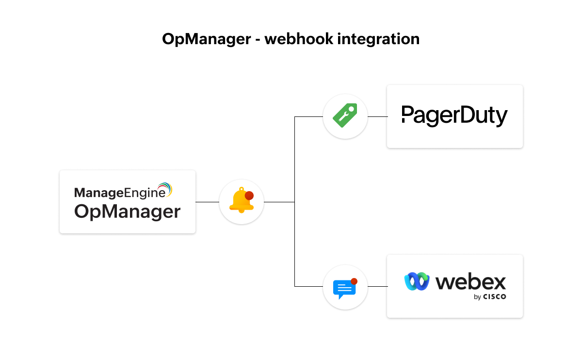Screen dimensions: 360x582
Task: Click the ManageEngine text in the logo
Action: [116, 193]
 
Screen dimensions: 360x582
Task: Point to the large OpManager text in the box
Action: [127, 212]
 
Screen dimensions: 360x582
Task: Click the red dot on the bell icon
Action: [249, 196]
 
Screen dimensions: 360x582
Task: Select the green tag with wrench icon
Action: [345, 116]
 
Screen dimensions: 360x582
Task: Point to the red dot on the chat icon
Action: [354, 281]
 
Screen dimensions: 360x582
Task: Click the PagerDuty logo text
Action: [454, 116]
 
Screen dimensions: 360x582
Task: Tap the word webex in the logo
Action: [470, 282]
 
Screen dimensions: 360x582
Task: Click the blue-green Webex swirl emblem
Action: [417, 281]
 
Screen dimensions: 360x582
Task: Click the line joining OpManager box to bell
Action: [207, 202]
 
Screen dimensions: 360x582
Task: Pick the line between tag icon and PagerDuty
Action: [377, 117]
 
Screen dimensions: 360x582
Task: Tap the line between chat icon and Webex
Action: [377, 286]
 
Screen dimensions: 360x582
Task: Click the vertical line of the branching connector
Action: [295, 243]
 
